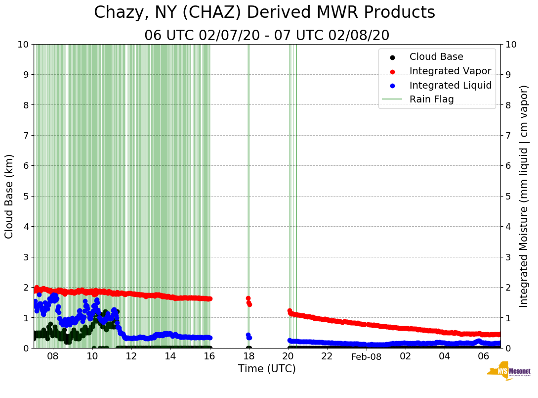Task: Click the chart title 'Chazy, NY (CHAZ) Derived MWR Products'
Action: coord(264,12)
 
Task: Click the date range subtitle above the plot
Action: coord(267,36)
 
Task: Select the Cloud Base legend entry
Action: coord(436,57)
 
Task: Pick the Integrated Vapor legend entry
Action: coord(450,71)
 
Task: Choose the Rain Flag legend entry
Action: coord(431,99)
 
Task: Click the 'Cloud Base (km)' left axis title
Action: coord(9,196)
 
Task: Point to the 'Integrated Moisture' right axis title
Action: coord(524,196)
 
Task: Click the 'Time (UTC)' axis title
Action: coord(267,369)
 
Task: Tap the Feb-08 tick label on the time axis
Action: coord(367,356)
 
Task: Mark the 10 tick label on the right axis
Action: coord(510,44)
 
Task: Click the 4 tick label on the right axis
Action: coord(508,226)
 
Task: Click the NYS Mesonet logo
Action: coord(509,372)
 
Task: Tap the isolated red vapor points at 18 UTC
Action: coord(248,301)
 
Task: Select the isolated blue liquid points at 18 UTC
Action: coord(248,336)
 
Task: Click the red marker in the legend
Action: coord(393,71)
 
